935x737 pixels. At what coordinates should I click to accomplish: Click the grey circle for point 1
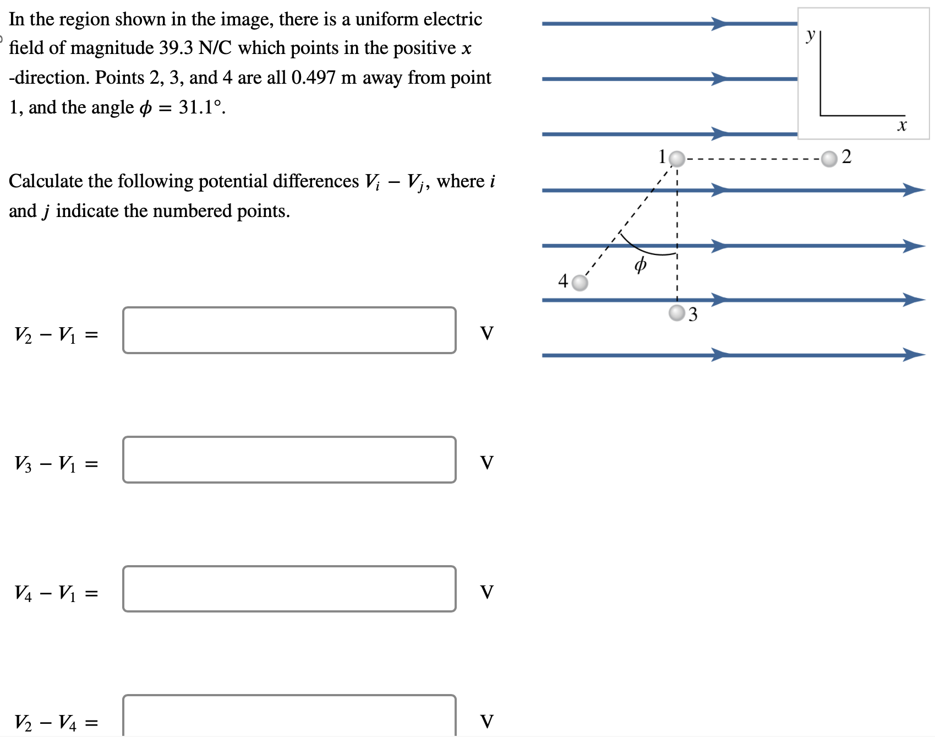(677, 159)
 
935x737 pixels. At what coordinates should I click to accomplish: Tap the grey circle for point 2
(829, 159)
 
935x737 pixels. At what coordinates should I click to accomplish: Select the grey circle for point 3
(677, 313)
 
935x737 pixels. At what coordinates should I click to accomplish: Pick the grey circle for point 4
(579, 283)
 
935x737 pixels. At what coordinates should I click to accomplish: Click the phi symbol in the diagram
(640, 265)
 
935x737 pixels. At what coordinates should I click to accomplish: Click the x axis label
(901, 126)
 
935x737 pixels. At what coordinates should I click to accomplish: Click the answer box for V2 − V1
(289, 330)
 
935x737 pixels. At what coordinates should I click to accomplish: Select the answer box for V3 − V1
(289, 460)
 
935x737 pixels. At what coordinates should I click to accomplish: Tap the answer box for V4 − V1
(289, 589)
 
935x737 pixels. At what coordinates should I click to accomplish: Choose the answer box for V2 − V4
(289, 716)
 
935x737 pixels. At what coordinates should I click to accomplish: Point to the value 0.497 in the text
(313, 78)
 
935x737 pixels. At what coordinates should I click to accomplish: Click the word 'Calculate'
(46, 181)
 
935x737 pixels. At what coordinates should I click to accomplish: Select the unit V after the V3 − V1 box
(487, 462)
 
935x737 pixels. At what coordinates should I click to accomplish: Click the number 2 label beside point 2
(846, 157)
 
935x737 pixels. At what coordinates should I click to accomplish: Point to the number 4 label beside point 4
(563, 281)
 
